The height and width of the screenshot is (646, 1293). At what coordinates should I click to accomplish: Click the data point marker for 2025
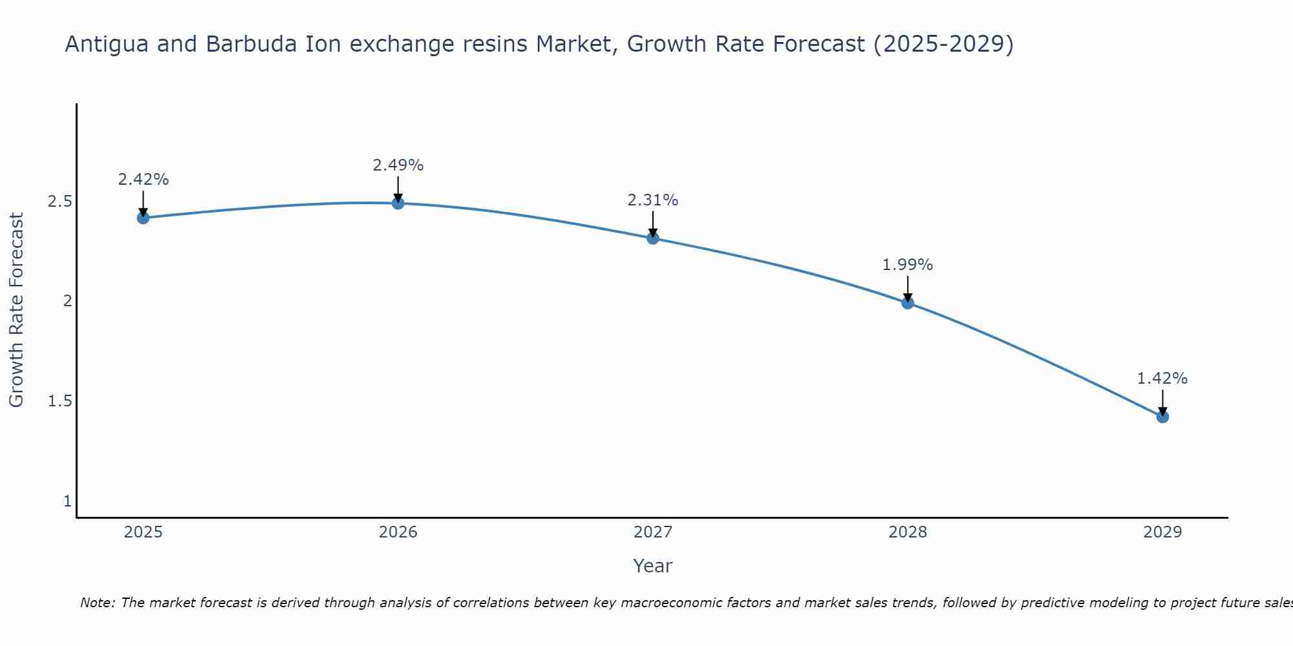pyautogui.click(x=144, y=218)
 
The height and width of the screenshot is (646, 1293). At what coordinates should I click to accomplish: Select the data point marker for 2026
pyautogui.click(x=398, y=203)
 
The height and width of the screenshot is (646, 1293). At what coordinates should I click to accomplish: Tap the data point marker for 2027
pyautogui.click(x=653, y=238)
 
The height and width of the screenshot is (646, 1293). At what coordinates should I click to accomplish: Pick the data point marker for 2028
pyautogui.click(x=908, y=303)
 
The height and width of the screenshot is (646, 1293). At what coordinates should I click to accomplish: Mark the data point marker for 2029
pyautogui.click(x=1162, y=417)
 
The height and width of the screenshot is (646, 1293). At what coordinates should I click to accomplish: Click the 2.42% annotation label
pyautogui.click(x=144, y=180)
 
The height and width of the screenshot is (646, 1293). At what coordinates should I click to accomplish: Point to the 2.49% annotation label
pyautogui.click(x=398, y=165)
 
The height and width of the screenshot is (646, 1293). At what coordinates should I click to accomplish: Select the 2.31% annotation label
pyautogui.click(x=653, y=200)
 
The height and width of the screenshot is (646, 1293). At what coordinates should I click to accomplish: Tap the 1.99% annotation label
pyautogui.click(x=908, y=265)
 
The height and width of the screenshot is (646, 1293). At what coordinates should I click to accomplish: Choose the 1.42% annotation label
pyautogui.click(x=1162, y=379)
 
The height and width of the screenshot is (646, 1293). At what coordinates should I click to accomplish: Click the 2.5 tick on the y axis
pyautogui.click(x=59, y=202)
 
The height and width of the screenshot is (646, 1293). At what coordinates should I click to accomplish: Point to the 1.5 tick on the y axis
pyautogui.click(x=59, y=401)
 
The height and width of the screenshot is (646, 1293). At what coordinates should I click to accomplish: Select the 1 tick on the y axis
pyautogui.click(x=67, y=501)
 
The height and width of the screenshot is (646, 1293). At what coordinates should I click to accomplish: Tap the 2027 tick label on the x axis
pyautogui.click(x=653, y=532)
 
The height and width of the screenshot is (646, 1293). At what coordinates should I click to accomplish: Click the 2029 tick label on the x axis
pyautogui.click(x=1162, y=532)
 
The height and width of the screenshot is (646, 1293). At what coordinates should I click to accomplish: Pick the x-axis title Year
pyautogui.click(x=653, y=566)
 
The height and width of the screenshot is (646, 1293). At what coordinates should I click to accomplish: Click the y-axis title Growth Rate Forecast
pyautogui.click(x=17, y=310)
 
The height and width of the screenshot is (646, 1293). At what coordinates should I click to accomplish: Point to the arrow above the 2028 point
pyautogui.click(x=908, y=289)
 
